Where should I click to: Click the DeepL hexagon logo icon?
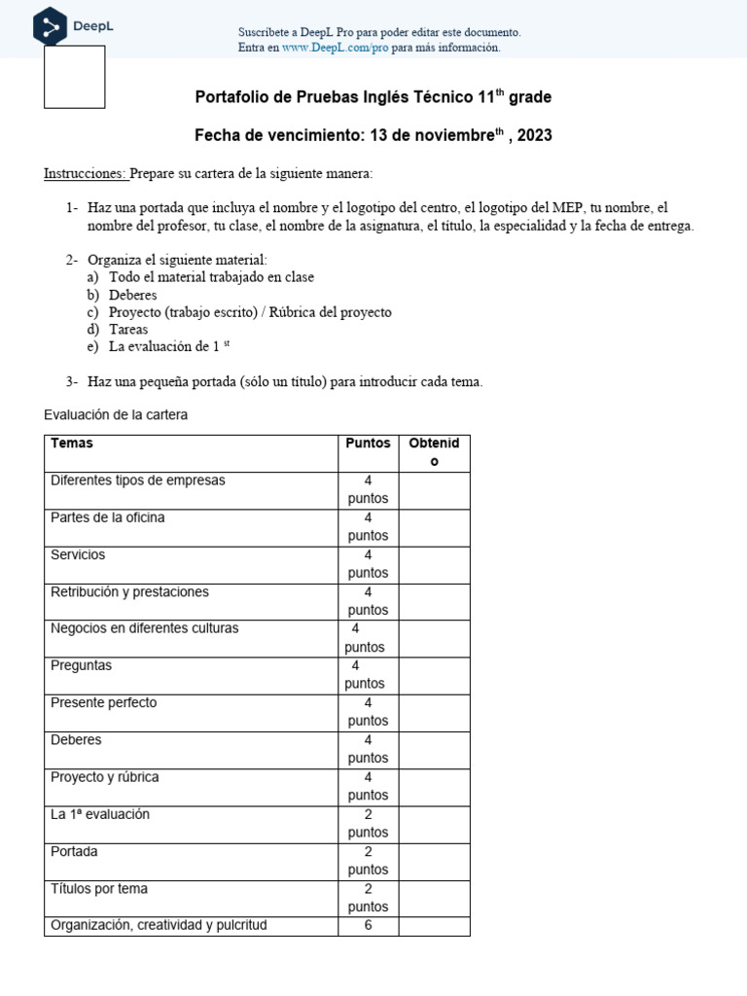51,26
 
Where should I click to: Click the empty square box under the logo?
75,77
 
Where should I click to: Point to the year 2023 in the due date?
534,136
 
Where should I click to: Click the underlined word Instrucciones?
86,173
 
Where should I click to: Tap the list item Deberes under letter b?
133,295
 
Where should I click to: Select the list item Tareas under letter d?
128,330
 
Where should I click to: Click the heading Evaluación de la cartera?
116,415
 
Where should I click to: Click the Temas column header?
72,444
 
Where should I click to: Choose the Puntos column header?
368,444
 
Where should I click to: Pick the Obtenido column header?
434,452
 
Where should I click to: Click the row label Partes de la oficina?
108,518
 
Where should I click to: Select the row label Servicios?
78,555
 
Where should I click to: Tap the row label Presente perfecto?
103,703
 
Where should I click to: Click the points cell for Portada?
368,861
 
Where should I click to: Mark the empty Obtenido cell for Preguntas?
434,675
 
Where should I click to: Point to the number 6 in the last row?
368,926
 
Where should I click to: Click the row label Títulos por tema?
99,889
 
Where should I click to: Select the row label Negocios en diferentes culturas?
144,629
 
